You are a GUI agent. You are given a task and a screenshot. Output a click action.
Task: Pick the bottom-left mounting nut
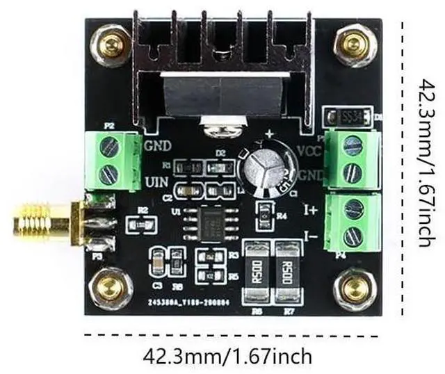pos(111,288)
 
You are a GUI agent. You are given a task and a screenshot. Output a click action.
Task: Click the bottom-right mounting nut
pos(355,288)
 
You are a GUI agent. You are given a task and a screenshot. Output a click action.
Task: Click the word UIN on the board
pos(156,184)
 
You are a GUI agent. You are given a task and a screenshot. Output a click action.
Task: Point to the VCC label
pos(308,151)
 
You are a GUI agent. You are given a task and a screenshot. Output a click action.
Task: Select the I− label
pos(311,237)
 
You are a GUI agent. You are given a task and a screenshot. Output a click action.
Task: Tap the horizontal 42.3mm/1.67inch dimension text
pos(227,357)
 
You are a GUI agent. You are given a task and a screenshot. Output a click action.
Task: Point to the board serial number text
pos(186,304)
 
